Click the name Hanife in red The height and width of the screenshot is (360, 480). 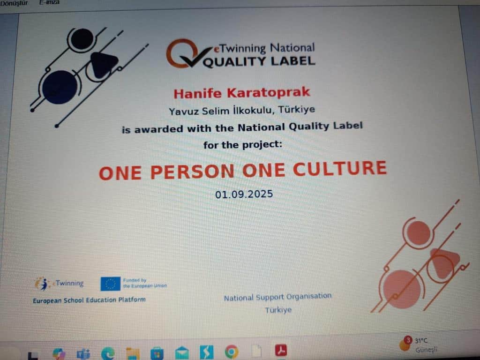[197, 93]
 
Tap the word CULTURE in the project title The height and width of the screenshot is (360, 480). [340, 169]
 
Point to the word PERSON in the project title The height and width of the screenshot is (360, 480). [192, 172]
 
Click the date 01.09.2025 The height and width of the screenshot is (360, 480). [244, 194]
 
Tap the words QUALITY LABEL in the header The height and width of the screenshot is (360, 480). [259, 61]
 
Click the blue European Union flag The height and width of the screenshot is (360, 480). [111, 284]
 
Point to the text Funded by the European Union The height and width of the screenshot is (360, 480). [145, 283]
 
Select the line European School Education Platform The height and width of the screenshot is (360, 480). [89, 300]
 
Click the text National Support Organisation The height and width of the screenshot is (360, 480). [277, 297]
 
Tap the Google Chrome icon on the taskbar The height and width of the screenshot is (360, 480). [232, 352]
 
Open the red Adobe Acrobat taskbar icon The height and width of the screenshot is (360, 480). [281, 350]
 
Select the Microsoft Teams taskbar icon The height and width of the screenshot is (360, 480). [83, 354]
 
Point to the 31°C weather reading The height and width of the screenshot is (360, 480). [421, 340]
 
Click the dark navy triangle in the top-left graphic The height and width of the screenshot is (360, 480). [103, 64]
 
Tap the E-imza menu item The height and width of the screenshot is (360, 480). [49, 2]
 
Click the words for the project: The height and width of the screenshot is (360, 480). [242, 144]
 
